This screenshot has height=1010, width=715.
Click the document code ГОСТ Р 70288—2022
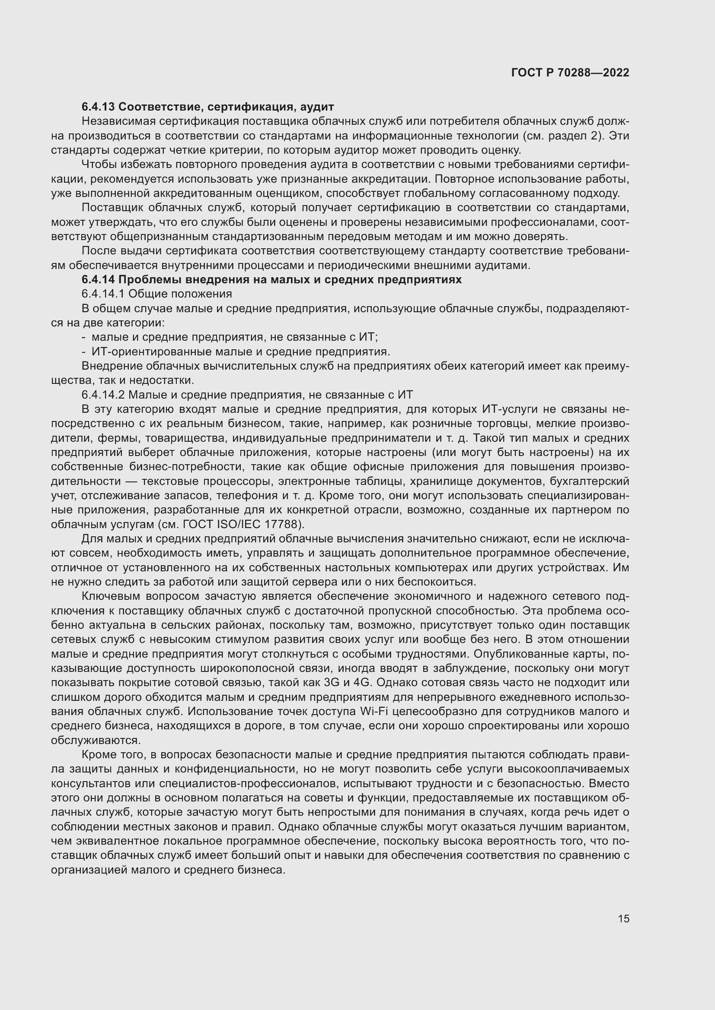(x=570, y=73)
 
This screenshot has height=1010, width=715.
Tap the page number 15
(x=623, y=918)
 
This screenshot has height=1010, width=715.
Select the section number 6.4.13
(x=98, y=107)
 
